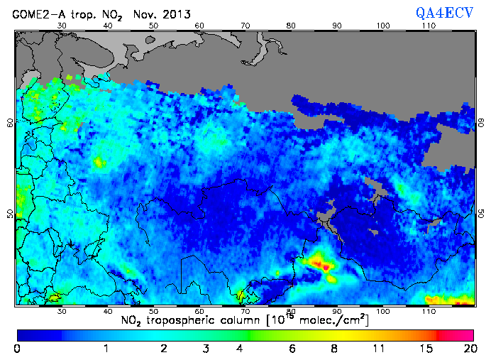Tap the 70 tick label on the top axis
pos(245,26)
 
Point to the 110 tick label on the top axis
pos(429,26)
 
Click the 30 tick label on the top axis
pos(62,26)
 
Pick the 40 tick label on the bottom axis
pos(108,311)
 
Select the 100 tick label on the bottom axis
pos(383,311)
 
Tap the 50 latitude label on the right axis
pos(481,214)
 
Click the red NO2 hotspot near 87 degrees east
pos(324,266)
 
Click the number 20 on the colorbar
pos(468,349)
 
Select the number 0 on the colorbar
pos(17,349)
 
